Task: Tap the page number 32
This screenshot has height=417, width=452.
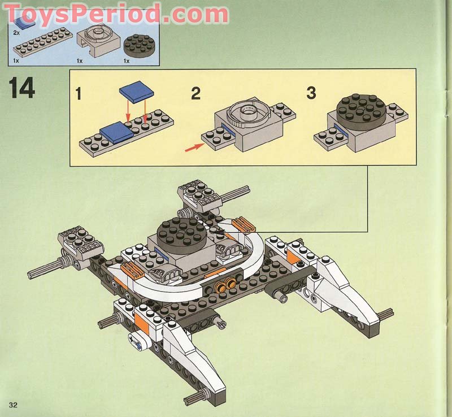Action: pos(13,405)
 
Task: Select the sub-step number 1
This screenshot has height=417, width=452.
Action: pos(78,94)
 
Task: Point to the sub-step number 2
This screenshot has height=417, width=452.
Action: pos(195,94)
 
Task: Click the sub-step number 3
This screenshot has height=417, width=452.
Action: pos(311,93)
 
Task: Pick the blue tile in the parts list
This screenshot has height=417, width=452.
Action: pos(23,22)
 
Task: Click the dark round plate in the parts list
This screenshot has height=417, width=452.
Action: pos(137,44)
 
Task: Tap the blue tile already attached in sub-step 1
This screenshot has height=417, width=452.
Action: pos(115,132)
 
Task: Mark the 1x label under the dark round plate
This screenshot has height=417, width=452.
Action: pos(127,60)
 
